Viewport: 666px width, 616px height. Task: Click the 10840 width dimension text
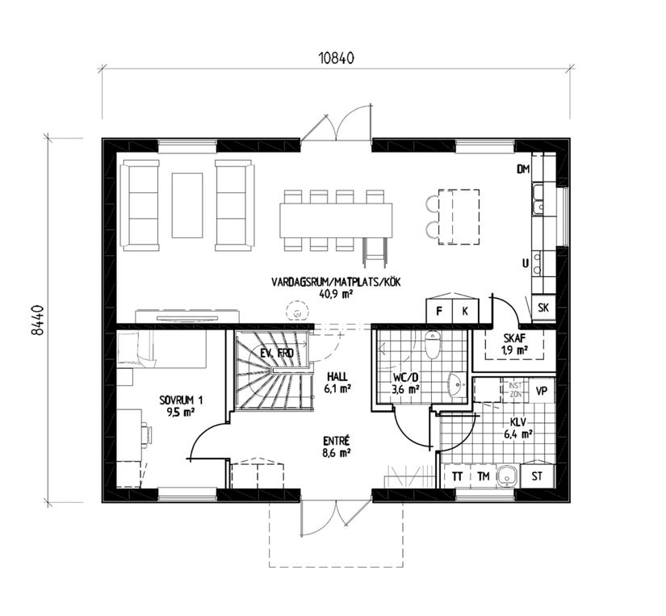(x=336, y=59)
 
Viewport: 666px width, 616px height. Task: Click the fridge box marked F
(x=439, y=311)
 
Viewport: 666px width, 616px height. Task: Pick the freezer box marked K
(x=465, y=311)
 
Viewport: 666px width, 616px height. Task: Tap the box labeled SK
(x=542, y=308)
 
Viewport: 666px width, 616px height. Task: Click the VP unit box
(x=541, y=390)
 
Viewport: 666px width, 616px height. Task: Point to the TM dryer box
(x=483, y=476)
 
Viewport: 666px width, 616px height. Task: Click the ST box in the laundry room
(x=538, y=476)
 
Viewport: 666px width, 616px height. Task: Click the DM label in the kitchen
(x=523, y=169)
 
